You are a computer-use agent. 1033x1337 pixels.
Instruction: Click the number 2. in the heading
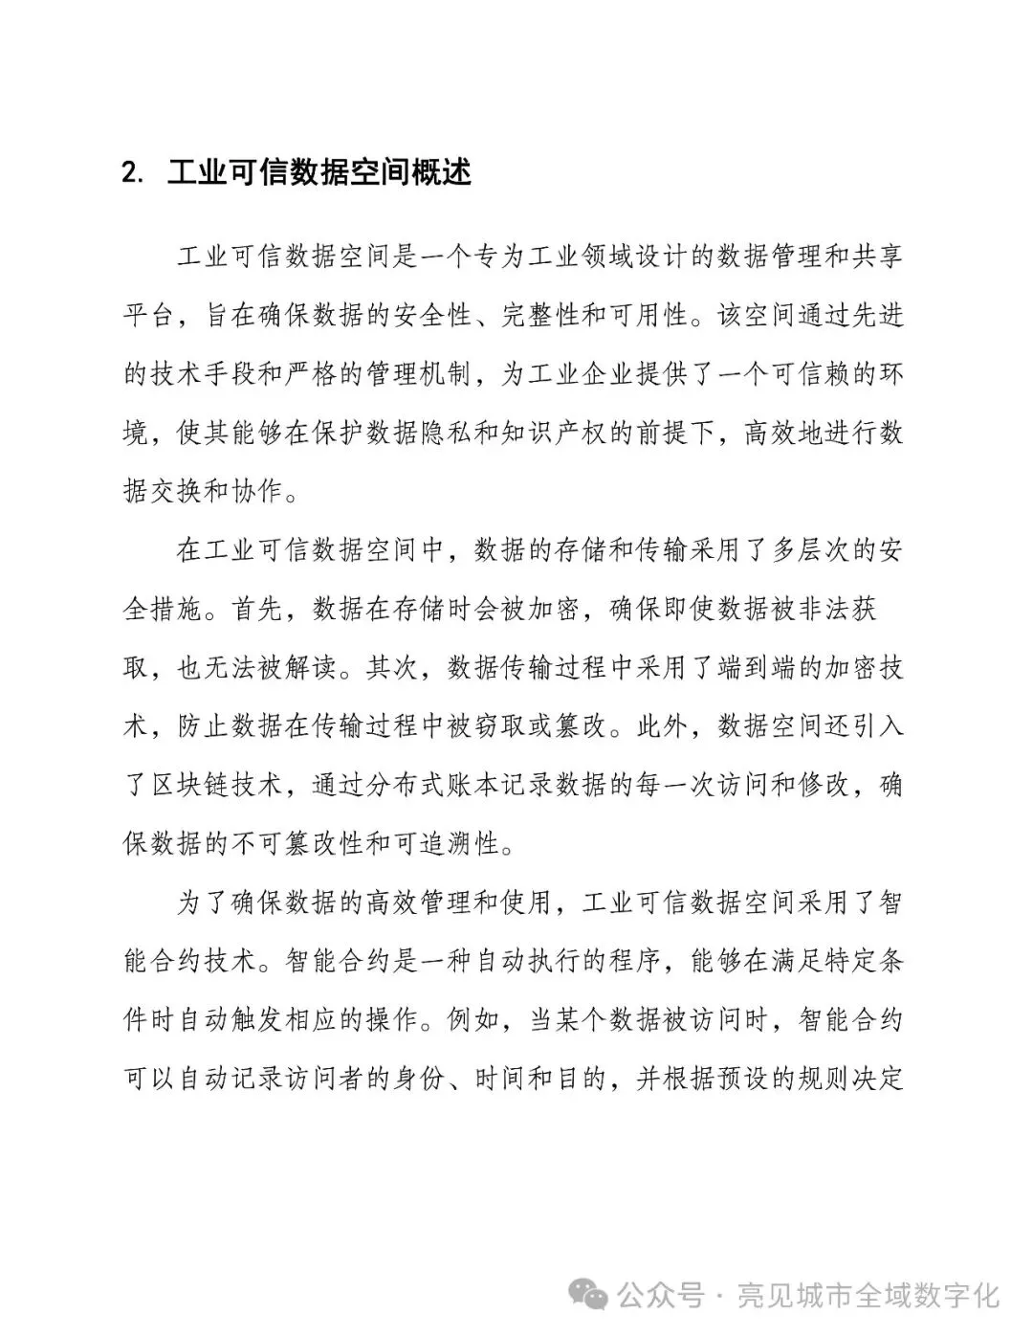[134, 173]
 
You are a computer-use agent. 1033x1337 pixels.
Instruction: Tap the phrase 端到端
[756, 667]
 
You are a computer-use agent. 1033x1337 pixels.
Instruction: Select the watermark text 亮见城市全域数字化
[868, 1296]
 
